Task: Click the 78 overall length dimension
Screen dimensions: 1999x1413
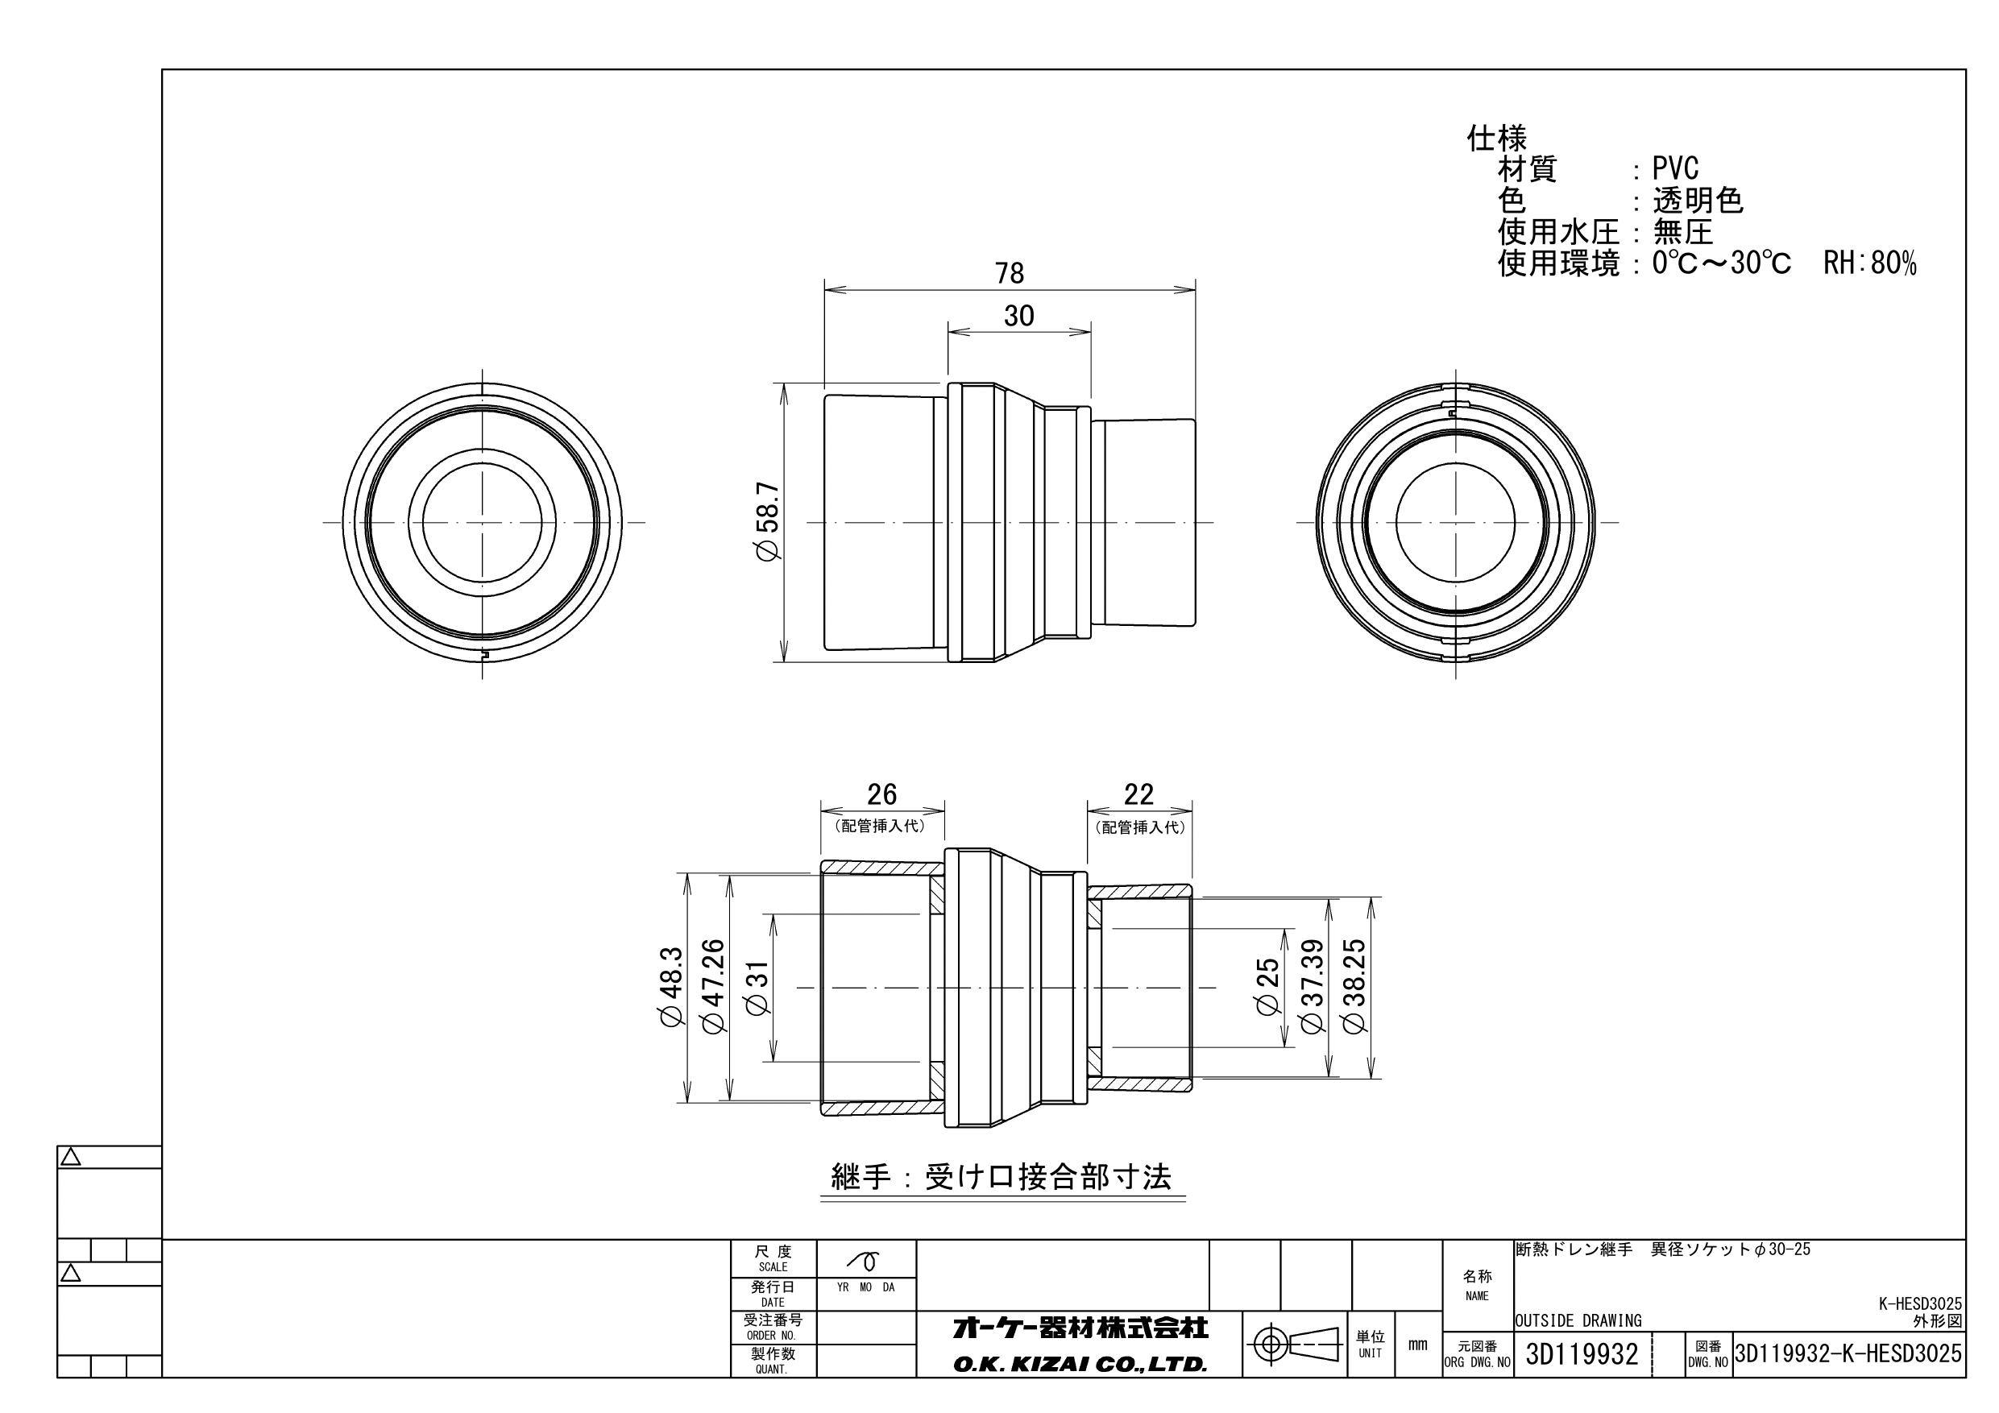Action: click(x=1009, y=273)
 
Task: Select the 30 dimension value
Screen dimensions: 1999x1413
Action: click(x=1018, y=315)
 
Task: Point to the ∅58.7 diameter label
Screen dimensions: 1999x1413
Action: click(x=770, y=521)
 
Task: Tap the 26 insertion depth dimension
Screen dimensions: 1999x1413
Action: click(x=882, y=794)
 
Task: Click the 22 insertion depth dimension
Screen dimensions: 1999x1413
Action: click(x=1138, y=794)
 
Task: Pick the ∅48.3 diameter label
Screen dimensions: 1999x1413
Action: click(x=673, y=988)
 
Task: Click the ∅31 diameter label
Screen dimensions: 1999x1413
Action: click(x=757, y=988)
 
